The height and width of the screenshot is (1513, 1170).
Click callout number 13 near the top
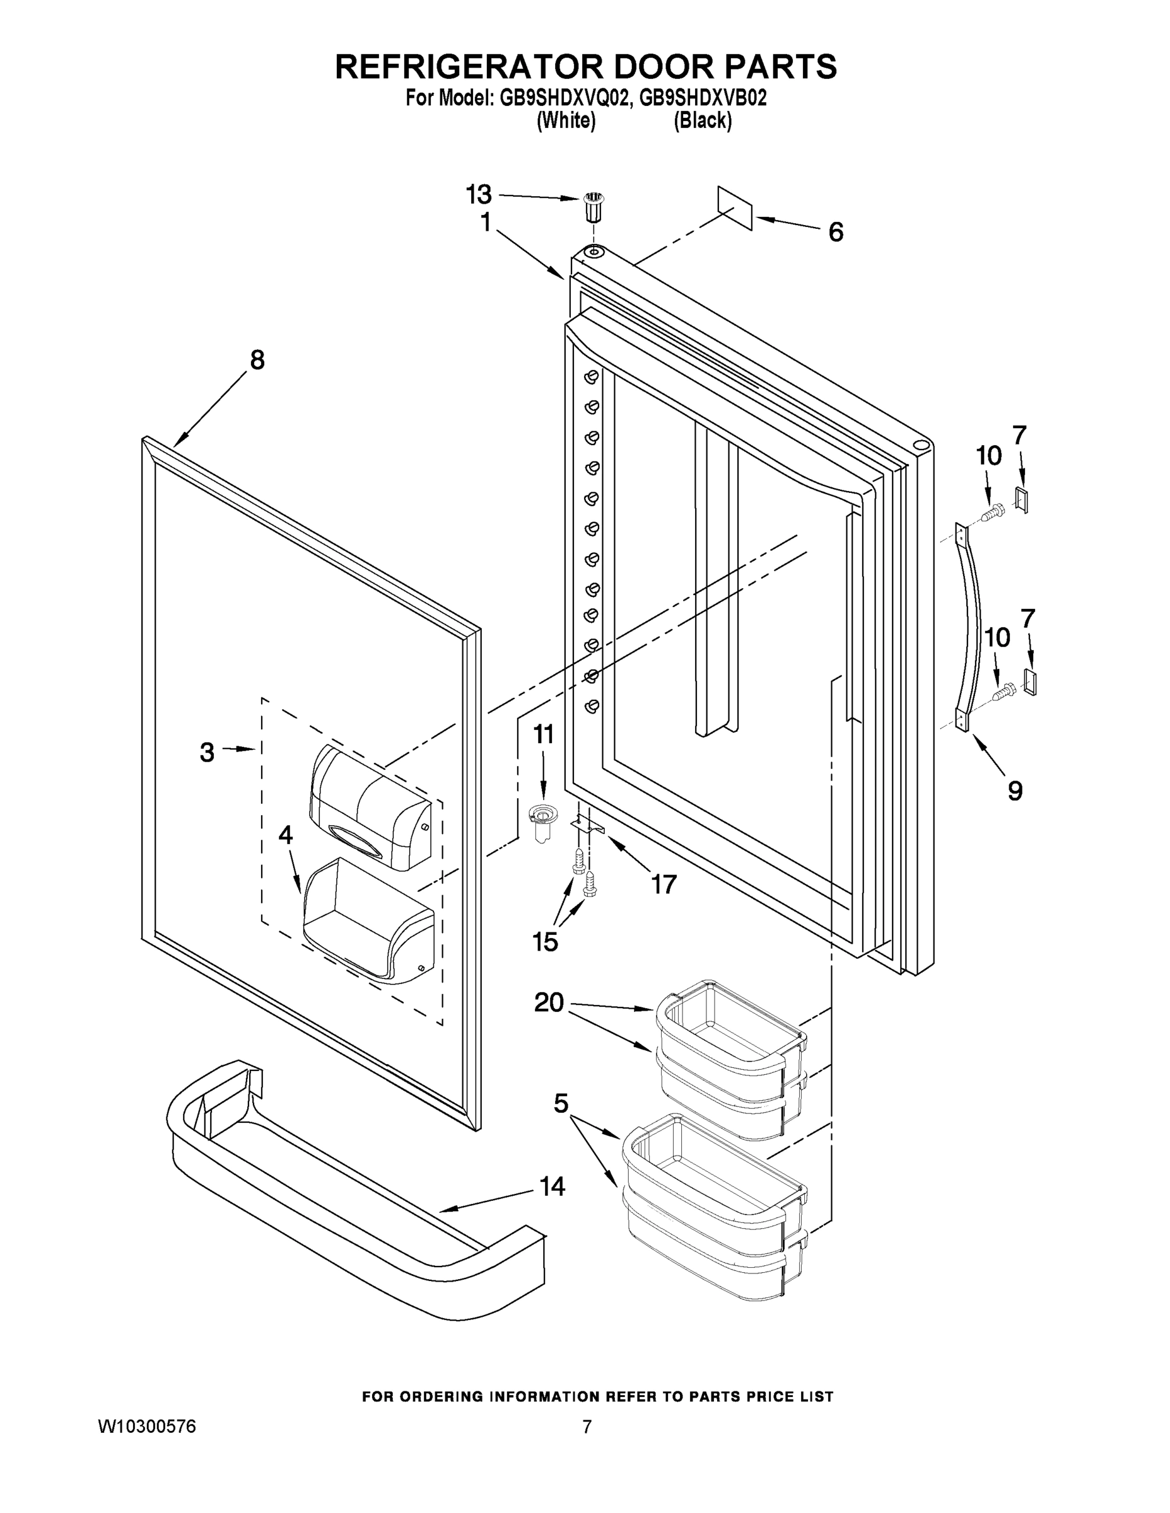point(478,195)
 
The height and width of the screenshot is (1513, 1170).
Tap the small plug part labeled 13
point(591,206)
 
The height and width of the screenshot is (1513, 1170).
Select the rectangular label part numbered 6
point(735,207)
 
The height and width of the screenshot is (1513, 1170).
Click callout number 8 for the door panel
point(257,360)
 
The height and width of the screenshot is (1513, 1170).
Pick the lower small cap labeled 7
point(1030,682)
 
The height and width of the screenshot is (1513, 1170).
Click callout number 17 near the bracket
point(664,884)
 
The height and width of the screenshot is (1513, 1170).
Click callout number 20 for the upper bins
point(549,1002)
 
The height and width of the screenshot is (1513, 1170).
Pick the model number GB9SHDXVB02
point(703,98)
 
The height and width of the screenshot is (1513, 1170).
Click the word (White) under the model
point(566,120)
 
